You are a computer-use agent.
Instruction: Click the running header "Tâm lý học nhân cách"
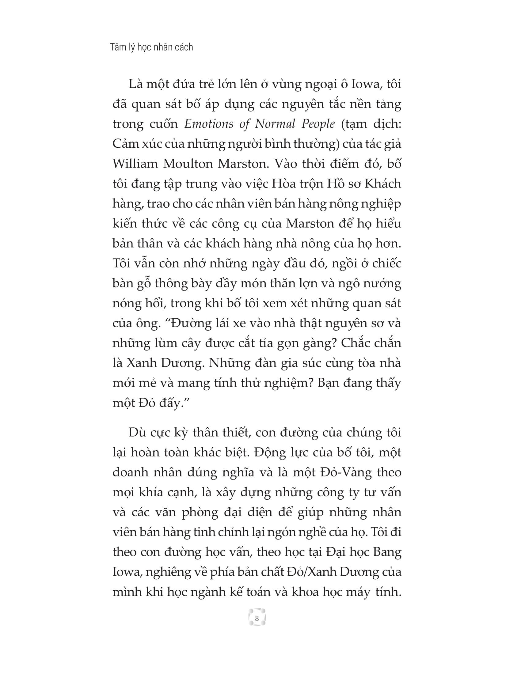(x=151, y=47)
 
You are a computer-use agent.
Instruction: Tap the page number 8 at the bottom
(x=257, y=619)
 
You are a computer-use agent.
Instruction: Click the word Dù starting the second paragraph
(x=137, y=432)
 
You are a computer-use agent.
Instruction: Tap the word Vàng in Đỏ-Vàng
(x=358, y=472)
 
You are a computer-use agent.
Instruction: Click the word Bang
(x=387, y=552)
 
